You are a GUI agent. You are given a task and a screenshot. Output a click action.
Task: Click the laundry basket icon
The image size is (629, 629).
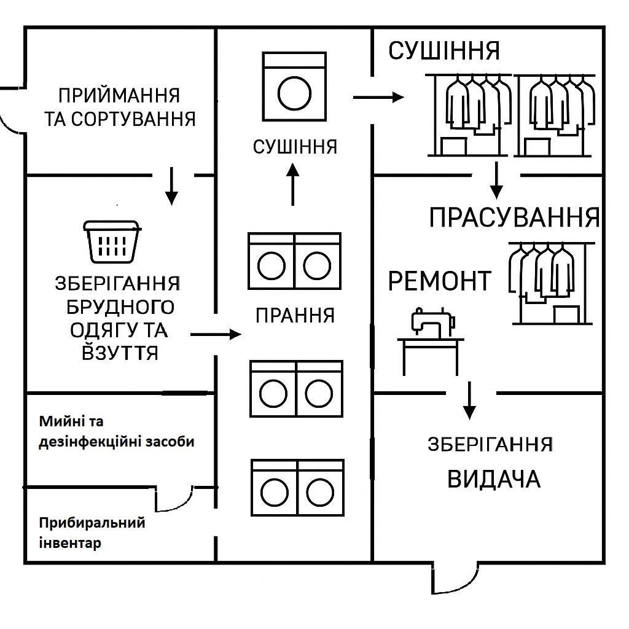pyautogui.click(x=112, y=241)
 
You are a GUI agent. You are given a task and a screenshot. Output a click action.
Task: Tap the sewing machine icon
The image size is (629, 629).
pyautogui.click(x=431, y=341)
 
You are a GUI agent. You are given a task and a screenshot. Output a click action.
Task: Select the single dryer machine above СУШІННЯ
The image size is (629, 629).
pyautogui.click(x=294, y=86)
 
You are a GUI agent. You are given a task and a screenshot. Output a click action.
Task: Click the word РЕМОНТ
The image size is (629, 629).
pyautogui.click(x=440, y=281)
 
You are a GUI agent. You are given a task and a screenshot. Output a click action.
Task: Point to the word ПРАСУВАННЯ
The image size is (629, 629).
pyautogui.click(x=514, y=218)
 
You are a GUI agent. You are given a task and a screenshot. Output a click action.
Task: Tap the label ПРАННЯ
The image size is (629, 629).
pyautogui.click(x=295, y=316)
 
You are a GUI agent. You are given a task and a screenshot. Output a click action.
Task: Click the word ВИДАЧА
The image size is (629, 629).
pyautogui.click(x=494, y=479)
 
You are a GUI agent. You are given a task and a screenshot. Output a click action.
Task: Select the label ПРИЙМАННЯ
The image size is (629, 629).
pyautogui.click(x=119, y=95)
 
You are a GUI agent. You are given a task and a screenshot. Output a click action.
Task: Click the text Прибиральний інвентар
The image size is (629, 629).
pyautogui.click(x=92, y=533)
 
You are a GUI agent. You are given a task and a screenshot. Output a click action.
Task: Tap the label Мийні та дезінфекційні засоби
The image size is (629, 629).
pyautogui.click(x=116, y=432)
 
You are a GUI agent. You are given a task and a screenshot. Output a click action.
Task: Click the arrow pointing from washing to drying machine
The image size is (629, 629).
pyautogui.click(x=293, y=184)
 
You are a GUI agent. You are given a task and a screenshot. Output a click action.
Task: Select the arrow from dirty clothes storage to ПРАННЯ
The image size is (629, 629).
pyautogui.click(x=216, y=334)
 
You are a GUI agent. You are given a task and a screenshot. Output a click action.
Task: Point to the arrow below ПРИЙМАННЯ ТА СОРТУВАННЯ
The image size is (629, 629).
pyautogui.click(x=172, y=186)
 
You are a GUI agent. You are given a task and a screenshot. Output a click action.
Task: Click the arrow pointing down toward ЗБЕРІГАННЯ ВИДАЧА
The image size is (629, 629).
pyautogui.click(x=469, y=400)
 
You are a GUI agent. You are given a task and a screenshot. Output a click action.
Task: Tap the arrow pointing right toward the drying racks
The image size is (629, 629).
pyautogui.click(x=378, y=97)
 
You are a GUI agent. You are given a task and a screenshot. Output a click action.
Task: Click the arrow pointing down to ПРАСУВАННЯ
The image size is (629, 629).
pyautogui.click(x=496, y=181)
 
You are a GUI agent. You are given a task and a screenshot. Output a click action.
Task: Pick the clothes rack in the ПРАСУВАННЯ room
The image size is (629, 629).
pyautogui.click(x=552, y=283)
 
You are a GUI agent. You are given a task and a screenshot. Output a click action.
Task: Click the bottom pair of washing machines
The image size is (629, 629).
pyautogui.click(x=298, y=487)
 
